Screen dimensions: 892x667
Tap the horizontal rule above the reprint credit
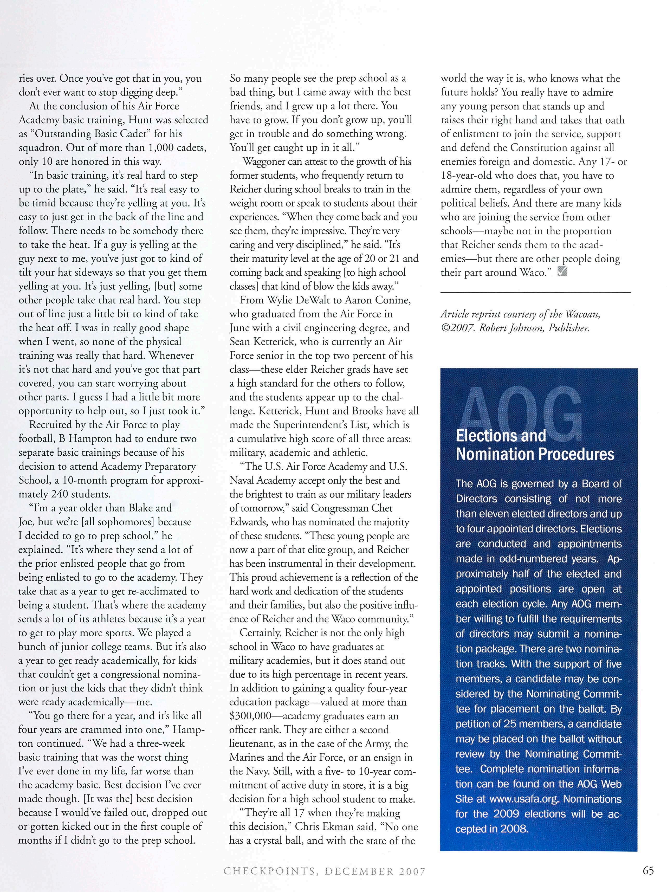click(535, 292)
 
